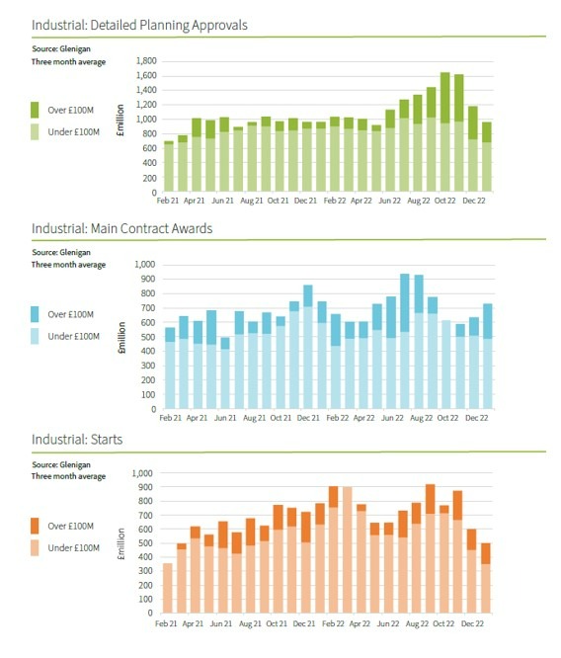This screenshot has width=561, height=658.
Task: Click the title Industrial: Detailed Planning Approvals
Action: (x=139, y=25)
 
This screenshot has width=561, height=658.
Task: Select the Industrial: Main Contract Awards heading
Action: (x=122, y=228)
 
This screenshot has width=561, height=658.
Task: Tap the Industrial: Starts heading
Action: (x=77, y=440)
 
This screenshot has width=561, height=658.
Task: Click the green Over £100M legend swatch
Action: (x=35, y=110)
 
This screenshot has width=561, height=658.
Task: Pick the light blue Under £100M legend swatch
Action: (x=35, y=336)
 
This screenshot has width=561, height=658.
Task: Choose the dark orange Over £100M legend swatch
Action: (x=35, y=526)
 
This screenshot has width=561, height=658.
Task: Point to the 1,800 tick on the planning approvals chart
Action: (x=146, y=61)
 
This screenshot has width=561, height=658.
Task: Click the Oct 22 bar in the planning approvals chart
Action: (x=444, y=132)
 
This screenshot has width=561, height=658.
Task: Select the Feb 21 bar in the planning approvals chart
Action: (x=169, y=167)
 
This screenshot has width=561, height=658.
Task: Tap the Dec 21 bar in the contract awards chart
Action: (x=308, y=347)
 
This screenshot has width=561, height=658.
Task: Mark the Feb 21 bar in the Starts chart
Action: (x=168, y=588)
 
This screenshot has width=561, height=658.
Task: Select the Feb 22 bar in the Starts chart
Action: (x=333, y=549)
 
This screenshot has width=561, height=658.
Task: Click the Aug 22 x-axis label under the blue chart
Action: (x=421, y=418)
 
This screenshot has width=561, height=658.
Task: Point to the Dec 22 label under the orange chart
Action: (x=472, y=623)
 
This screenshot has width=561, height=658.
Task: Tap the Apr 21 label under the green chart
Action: (x=194, y=201)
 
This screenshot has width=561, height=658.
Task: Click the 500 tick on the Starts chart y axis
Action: (x=146, y=543)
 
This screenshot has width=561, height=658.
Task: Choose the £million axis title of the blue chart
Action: (x=121, y=337)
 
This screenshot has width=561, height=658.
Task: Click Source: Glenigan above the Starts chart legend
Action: (x=61, y=464)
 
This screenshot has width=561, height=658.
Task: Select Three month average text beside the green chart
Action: (x=68, y=61)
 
